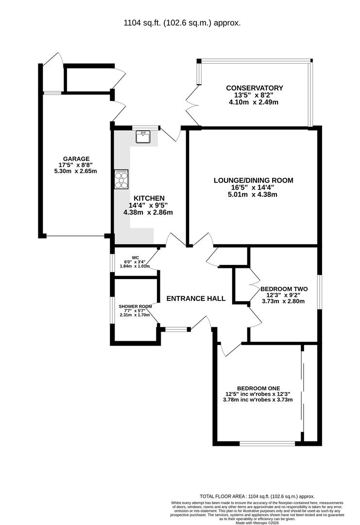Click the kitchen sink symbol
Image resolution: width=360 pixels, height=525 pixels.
[143, 137]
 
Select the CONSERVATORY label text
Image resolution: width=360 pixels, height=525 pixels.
[254, 88]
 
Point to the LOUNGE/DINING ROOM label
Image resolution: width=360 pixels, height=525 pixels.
[253, 180]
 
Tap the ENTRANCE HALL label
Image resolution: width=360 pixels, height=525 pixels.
[196, 298]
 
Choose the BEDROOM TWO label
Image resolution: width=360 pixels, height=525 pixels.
[284, 289]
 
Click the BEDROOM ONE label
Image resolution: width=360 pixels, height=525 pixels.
[258, 388]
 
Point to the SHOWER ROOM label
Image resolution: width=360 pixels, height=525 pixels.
[135, 306]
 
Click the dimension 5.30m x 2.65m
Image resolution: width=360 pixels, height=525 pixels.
[75, 171]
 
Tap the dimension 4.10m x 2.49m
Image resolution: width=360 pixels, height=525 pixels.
[253, 102]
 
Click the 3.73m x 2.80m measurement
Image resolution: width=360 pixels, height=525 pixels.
[283, 301]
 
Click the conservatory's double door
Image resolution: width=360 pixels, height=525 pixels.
[193, 105]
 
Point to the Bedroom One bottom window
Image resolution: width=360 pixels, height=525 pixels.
[267, 444]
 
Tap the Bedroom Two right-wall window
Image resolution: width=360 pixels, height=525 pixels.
[320, 292]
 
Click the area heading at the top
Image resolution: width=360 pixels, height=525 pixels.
[182, 23]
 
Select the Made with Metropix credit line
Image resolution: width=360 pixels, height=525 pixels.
[257, 522]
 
